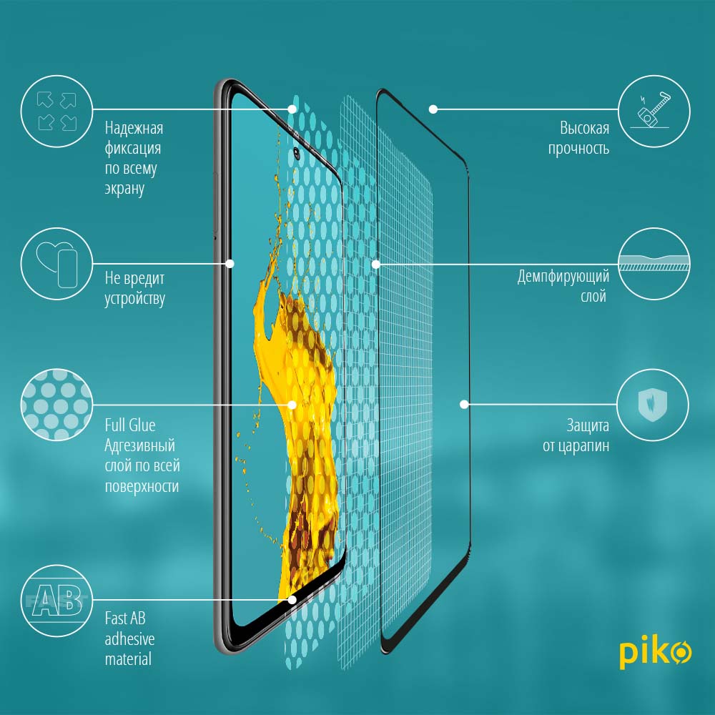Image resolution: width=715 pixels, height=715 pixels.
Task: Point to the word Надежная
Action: pos(134,129)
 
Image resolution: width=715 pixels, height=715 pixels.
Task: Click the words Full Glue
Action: pos(130,425)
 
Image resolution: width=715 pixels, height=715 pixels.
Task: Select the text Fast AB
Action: pos(125,618)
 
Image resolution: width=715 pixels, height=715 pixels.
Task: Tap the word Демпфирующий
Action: pos(563,277)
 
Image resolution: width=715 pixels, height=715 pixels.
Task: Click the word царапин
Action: pos(586,446)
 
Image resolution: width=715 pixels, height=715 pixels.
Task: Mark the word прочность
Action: pos(578,149)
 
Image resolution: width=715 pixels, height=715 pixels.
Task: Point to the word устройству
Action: pos(135,299)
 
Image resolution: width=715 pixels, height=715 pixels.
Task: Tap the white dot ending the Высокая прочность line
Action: pos(433,109)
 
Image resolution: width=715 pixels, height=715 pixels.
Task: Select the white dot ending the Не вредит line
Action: pos(230,264)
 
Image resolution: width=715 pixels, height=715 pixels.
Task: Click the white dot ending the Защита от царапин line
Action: pos(464,404)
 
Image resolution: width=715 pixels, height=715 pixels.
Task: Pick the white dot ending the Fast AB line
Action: pos(292,600)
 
